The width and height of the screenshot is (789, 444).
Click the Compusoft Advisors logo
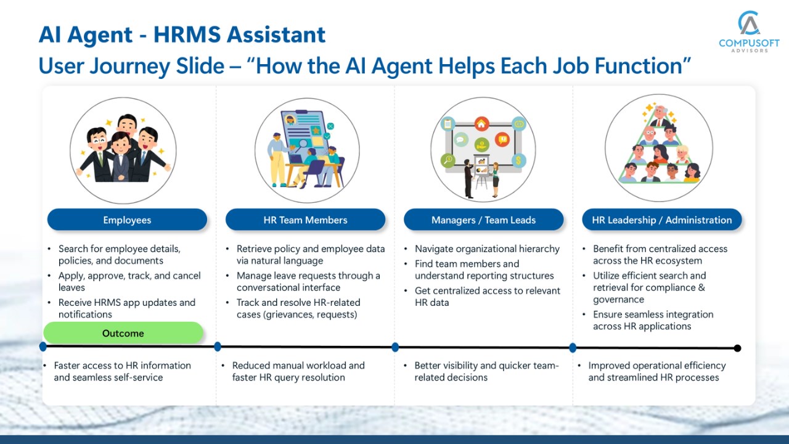(x=749, y=31)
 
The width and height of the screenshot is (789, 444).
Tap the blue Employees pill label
(x=127, y=220)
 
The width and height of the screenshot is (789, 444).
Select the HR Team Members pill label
(x=305, y=220)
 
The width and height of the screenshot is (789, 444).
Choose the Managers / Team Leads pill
(x=484, y=220)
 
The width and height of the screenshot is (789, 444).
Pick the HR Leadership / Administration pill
(x=662, y=220)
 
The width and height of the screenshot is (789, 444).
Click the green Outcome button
(x=123, y=333)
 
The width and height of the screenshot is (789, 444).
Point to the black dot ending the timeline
(x=738, y=348)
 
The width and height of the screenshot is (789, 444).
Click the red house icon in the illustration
(x=481, y=124)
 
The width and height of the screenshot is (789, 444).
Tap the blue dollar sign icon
(x=518, y=161)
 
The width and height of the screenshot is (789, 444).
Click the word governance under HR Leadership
(x=618, y=300)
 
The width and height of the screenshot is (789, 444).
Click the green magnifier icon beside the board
(x=448, y=160)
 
